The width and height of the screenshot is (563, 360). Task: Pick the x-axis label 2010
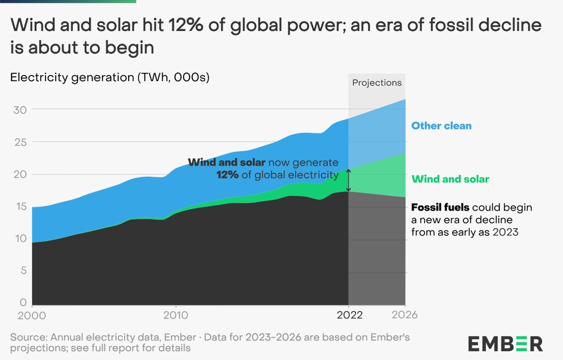176,314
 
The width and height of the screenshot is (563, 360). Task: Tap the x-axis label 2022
349,314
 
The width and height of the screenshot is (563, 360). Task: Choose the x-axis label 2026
405,314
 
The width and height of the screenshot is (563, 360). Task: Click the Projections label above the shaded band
377,83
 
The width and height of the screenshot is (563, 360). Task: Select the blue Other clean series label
441,125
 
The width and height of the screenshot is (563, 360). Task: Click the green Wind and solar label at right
450,179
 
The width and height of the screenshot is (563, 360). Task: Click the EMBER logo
505,343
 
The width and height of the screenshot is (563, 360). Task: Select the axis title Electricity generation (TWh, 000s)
110,77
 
